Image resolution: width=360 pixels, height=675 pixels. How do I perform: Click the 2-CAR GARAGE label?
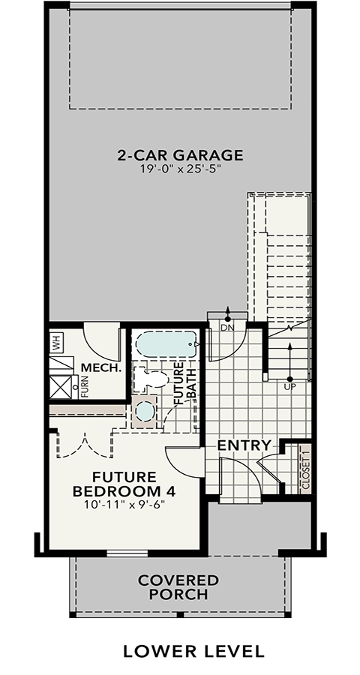pyautogui.click(x=180, y=155)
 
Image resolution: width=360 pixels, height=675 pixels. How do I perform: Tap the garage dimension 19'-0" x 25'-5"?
pyautogui.click(x=181, y=169)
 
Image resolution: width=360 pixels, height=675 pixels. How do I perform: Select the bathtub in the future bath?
pyautogui.click(x=167, y=344)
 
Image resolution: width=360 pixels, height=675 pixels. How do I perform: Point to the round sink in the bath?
pyautogui.click(x=144, y=412)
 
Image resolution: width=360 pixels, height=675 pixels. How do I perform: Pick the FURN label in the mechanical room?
pyautogui.click(x=85, y=386)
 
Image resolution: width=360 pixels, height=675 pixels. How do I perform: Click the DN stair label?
pyautogui.click(x=227, y=328)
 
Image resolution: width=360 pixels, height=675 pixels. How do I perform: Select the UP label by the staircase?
pyautogui.click(x=289, y=386)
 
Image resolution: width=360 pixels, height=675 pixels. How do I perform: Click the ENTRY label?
pyautogui.click(x=244, y=445)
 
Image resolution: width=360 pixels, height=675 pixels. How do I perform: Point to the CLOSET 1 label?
pyautogui.click(x=306, y=467)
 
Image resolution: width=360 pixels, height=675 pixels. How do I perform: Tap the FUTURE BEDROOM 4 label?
pyautogui.click(x=125, y=484)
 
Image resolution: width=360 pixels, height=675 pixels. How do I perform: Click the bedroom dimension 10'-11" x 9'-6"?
pyautogui.click(x=125, y=504)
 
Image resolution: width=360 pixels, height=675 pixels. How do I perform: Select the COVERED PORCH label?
pyautogui.click(x=178, y=587)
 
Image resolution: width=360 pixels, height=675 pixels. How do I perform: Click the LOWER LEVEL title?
pyautogui.click(x=193, y=651)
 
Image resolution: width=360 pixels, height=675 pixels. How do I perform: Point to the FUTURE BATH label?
pyautogui.click(x=185, y=383)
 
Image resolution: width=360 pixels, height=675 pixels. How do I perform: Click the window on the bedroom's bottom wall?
pyautogui.click(x=127, y=553)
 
